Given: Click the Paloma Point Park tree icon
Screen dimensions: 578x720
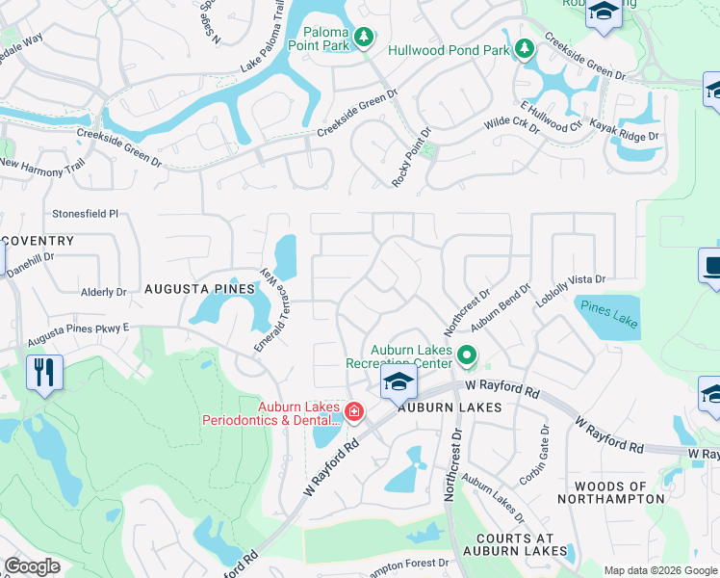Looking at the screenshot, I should pos(363,38).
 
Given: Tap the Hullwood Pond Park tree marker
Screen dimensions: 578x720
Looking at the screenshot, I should pos(524,48).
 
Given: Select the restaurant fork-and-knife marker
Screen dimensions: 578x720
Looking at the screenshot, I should pos(44,373).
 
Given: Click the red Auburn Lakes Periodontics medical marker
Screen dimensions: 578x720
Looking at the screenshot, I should pos(354,412).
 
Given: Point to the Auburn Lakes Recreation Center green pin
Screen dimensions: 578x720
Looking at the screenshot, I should pos(467,356).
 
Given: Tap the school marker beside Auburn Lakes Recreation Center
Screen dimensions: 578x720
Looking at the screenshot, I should pos(399,382).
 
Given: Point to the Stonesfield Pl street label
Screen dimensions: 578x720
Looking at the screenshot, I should pos(85,214).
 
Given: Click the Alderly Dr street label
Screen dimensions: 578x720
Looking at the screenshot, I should pos(104,291).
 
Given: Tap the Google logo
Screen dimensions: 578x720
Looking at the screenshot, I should pos(33,565).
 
